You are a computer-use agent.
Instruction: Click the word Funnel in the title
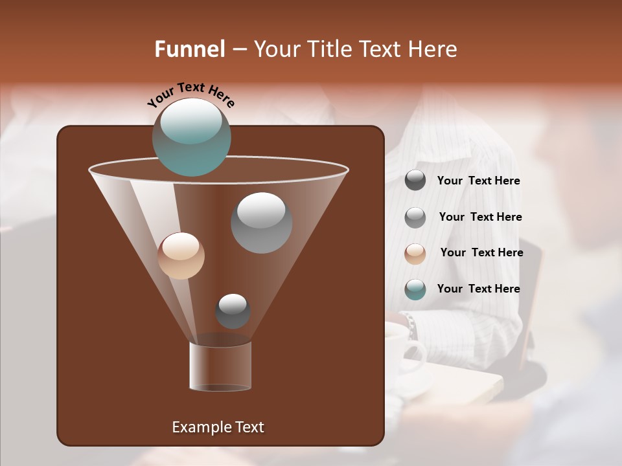coord(190,49)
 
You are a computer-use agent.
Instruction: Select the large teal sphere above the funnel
coord(192,137)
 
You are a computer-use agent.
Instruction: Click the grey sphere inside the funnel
coord(261,222)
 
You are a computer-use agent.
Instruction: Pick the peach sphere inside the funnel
coord(181,256)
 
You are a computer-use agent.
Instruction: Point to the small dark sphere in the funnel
coord(233,311)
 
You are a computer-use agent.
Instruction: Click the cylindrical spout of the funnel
coord(220,366)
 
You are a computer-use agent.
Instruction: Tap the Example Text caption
coord(218,427)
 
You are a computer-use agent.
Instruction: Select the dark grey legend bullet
coord(415,181)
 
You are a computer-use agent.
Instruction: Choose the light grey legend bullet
coord(415,217)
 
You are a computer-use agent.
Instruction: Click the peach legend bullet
coord(415,253)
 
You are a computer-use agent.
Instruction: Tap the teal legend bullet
coord(415,289)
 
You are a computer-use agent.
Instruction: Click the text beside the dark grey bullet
coord(478,181)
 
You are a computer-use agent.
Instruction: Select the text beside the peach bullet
coord(481,252)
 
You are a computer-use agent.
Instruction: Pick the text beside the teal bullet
coord(478,289)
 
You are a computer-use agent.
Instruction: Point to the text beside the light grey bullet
coord(480,217)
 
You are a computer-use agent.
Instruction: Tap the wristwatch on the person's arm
coord(410,326)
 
